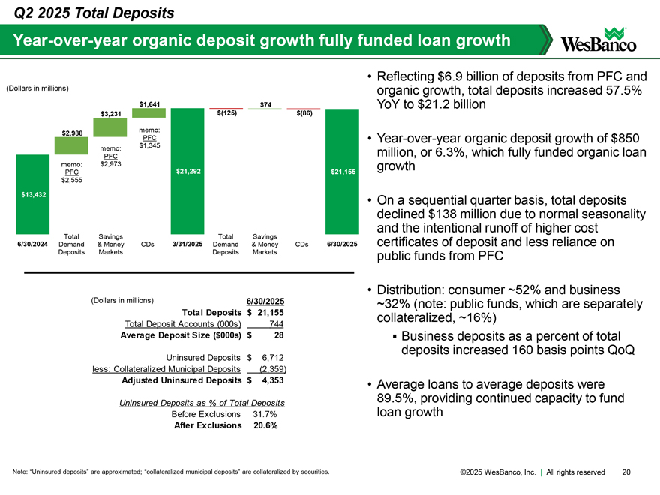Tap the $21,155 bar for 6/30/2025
[342, 172]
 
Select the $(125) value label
[226, 113]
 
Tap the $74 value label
[265, 103]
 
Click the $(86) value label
[304, 113]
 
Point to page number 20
[626, 472]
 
